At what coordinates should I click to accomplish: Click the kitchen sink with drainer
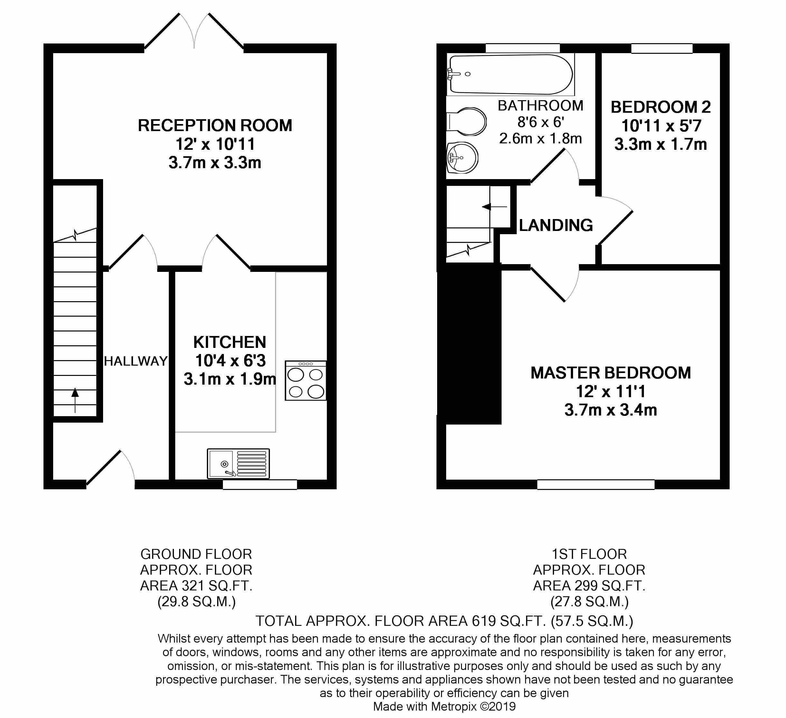238,464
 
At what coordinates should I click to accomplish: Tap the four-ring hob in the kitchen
305,381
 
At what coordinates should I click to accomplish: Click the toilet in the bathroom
466,121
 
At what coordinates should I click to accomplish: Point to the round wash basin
462,158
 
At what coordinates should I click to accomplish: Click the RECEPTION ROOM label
215,126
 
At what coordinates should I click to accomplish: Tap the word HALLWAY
136,361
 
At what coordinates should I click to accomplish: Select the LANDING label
556,225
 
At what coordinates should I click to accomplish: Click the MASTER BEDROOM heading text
610,373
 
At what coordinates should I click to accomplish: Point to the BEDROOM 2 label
660,107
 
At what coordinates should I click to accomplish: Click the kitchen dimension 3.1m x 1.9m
230,379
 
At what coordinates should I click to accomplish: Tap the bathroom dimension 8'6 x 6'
541,122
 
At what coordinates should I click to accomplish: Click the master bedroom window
595,484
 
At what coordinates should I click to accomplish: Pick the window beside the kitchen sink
260,484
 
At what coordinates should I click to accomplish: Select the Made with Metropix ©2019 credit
444,706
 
